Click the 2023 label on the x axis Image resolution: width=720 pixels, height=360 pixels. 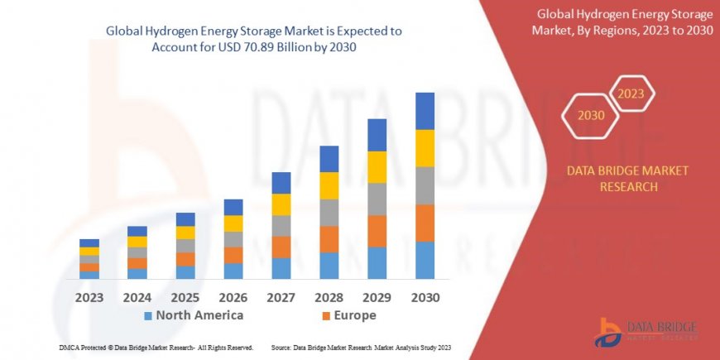tap(89, 296)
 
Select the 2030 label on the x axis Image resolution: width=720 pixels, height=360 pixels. tap(425, 296)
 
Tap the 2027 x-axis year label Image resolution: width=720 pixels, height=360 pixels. tap(281, 296)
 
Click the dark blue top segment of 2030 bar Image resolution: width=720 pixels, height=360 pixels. tap(425, 111)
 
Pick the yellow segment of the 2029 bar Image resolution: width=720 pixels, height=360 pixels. tap(377, 167)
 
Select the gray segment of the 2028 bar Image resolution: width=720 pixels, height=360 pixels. tap(329, 213)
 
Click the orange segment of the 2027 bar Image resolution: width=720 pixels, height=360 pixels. tap(281, 247)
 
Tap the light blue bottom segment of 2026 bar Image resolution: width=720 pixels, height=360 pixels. tap(233, 271)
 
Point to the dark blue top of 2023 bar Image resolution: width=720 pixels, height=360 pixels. tap(89, 242)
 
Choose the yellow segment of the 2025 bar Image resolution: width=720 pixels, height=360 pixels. tap(185, 233)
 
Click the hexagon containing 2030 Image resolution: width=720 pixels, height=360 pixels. tap(591, 115)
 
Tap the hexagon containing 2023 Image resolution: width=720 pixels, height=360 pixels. tap(631, 94)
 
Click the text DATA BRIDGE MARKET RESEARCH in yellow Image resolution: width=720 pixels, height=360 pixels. tap(626, 178)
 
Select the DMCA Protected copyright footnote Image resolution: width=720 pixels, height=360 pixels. tap(156, 348)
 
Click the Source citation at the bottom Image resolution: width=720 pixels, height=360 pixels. tap(360, 348)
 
